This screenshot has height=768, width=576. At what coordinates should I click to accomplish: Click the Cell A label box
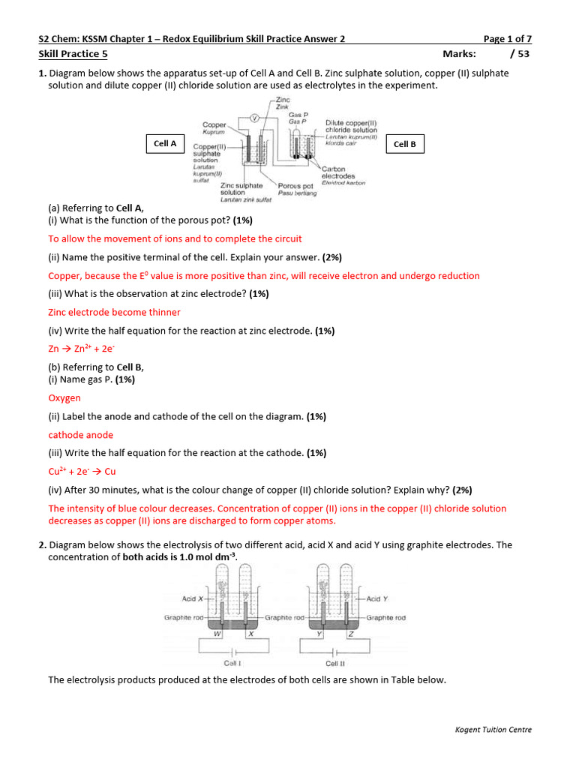click(165, 143)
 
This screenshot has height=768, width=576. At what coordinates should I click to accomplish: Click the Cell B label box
click(404, 144)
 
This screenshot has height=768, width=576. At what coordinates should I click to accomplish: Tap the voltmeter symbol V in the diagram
click(253, 117)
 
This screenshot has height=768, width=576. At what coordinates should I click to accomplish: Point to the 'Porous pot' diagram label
click(295, 185)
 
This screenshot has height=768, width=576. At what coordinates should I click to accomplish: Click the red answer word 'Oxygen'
click(64, 398)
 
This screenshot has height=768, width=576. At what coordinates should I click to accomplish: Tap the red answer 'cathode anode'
click(81, 435)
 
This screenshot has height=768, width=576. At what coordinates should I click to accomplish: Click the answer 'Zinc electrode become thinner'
click(114, 312)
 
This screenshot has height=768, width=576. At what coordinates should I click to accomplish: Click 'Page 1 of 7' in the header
click(508, 39)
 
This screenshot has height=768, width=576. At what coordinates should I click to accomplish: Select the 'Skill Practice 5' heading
click(73, 53)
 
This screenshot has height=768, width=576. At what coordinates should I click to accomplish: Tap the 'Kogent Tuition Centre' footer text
click(493, 730)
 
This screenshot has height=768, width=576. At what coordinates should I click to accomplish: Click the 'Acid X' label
click(193, 598)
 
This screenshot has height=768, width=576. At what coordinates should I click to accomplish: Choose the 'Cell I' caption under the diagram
click(232, 663)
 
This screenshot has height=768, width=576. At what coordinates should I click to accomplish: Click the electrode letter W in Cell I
click(217, 633)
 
